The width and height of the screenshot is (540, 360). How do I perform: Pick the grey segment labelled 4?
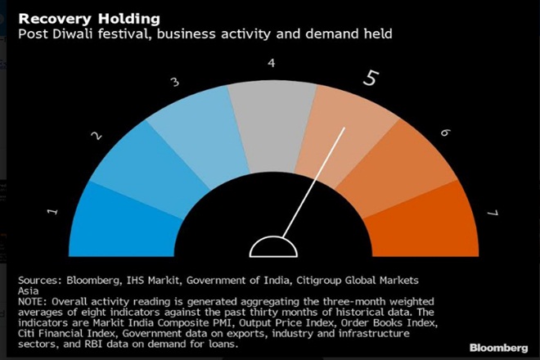(x=271, y=115)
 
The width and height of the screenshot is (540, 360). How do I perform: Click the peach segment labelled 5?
(x=340, y=131)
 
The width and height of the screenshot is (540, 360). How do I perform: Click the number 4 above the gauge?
(x=272, y=62)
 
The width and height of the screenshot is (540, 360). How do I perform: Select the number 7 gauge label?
(x=492, y=214)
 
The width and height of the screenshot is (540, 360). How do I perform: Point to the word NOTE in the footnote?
(x=33, y=300)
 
